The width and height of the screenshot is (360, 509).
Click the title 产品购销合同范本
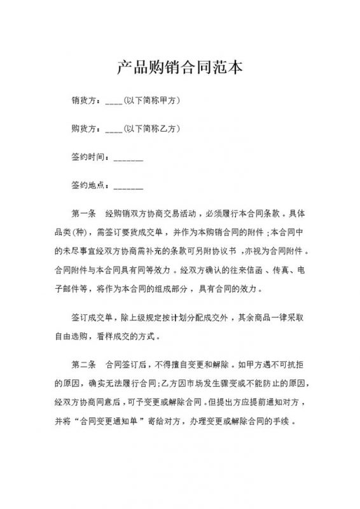pos(180,67)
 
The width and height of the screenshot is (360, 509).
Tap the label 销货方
pos(85,100)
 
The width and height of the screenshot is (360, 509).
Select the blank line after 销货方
pos(113,102)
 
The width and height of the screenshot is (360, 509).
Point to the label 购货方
pos(85,129)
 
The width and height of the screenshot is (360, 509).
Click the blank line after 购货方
pos(113,130)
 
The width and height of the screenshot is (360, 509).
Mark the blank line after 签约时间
pos(128,159)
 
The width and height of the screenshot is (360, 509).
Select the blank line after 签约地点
pos(128,188)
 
